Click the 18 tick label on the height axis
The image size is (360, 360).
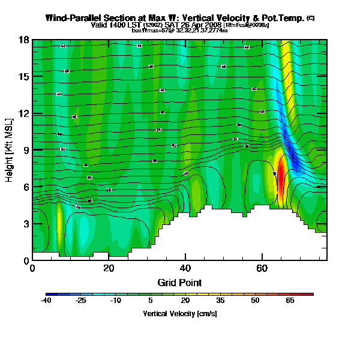(25, 40)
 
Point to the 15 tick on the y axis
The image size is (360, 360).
(25, 76)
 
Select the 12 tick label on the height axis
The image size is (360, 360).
(25, 113)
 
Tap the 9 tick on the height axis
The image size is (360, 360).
(26, 150)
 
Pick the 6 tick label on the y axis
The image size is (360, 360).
(26, 187)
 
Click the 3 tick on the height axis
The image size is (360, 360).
(26, 224)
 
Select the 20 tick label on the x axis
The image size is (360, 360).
(109, 268)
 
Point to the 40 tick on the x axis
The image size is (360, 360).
(185, 268)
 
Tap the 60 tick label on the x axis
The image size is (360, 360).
(262, 268)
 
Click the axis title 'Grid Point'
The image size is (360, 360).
(179, 282)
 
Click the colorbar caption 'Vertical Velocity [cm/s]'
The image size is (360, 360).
(179, 314)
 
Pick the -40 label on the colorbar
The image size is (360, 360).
(46, 301)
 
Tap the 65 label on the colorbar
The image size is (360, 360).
(290, 301)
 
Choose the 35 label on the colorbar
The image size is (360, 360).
(220, 301)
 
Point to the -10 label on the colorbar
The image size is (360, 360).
(116, 301)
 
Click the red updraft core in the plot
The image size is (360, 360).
(280, 180)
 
